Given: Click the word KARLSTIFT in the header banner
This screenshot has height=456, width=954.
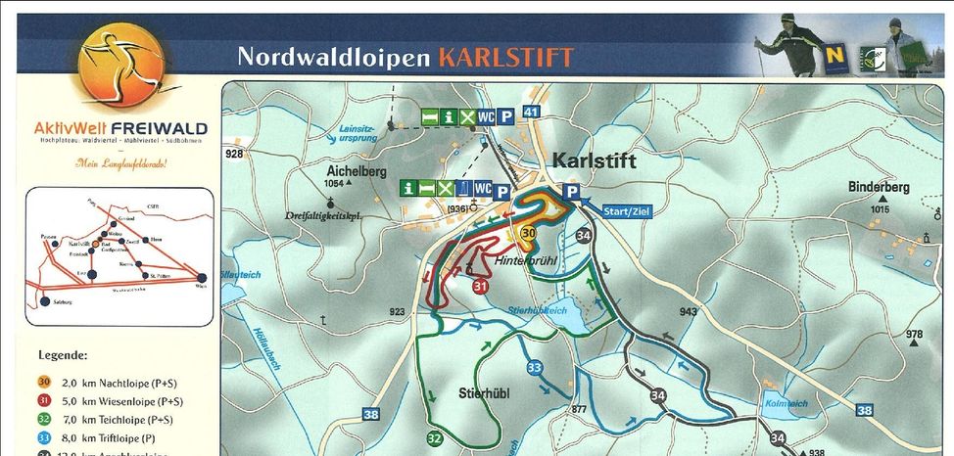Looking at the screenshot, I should click(505, 57).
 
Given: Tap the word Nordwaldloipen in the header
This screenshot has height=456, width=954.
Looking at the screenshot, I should click(333, 57).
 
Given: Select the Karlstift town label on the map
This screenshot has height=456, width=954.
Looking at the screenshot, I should click(595, 160).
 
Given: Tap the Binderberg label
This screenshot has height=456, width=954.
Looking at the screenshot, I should click(880, 187).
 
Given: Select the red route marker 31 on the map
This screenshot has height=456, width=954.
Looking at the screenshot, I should click(480, 287).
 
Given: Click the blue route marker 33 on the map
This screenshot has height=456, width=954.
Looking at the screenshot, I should click(535, 367).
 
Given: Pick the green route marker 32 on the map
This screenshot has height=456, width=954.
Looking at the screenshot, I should click(435, 437).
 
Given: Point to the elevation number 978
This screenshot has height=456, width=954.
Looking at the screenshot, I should click(914, 335).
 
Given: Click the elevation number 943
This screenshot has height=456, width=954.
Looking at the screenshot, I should click(689, 312).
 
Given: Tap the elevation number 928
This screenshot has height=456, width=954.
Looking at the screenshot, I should click(233, 154).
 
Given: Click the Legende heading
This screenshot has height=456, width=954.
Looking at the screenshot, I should click(64, 354).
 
